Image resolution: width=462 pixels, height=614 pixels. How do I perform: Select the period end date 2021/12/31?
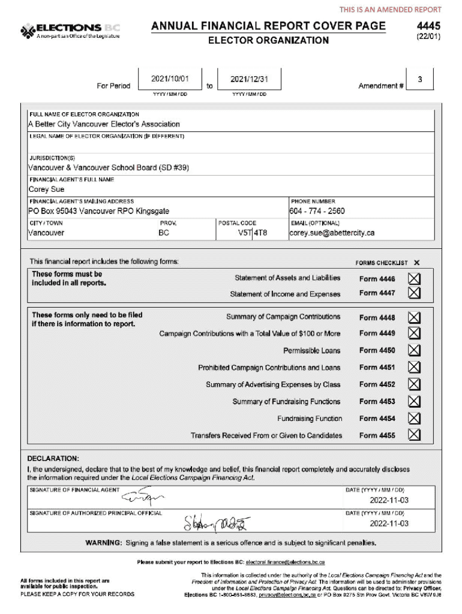249,79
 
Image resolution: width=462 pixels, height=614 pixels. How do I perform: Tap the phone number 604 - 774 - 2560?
317,211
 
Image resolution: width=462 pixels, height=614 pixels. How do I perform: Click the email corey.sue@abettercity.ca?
332,233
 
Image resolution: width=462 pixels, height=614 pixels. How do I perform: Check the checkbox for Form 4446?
414,279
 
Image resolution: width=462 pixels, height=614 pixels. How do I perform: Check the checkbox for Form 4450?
414,350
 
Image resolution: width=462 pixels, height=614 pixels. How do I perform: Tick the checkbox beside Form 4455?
414,435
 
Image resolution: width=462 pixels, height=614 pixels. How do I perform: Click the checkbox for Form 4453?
414,401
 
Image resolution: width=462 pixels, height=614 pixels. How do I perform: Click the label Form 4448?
377,318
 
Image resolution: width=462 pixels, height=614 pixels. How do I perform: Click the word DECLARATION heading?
53,458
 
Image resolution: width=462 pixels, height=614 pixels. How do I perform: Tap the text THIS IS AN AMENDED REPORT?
390,10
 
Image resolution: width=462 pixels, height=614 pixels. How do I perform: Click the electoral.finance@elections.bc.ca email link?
285,562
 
